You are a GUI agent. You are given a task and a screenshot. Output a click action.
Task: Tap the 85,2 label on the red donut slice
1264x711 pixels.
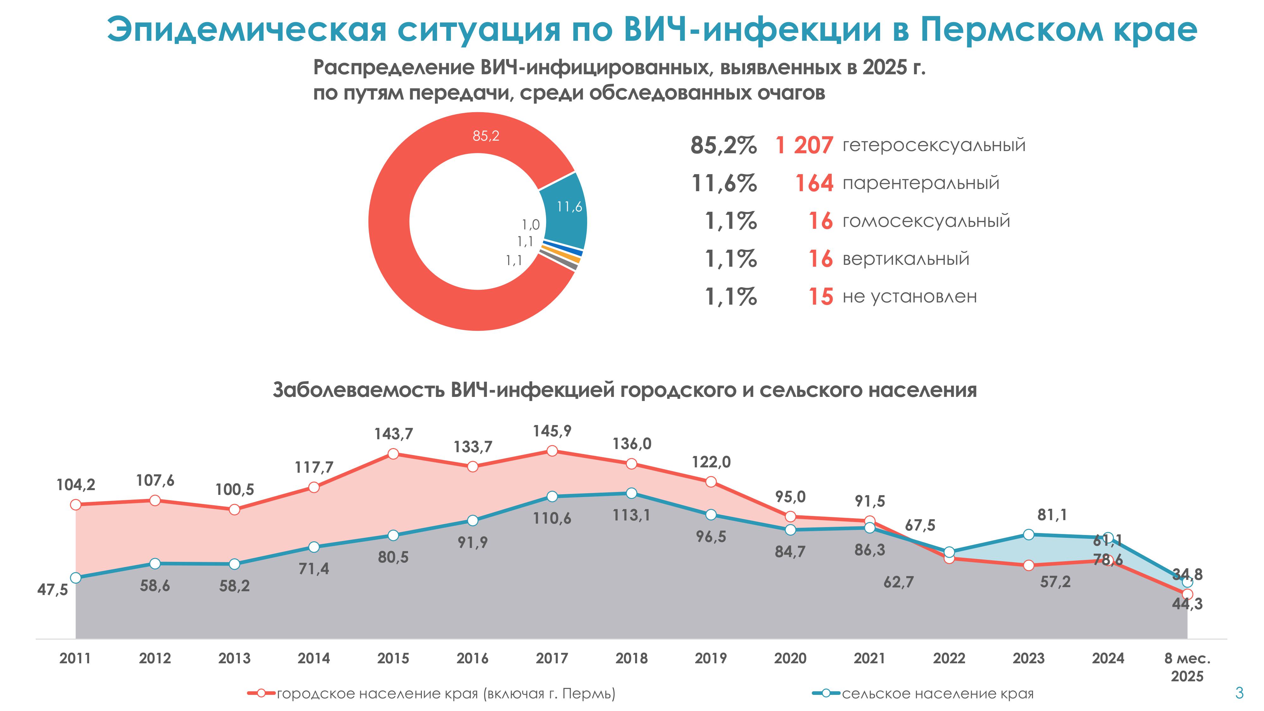point(486,136)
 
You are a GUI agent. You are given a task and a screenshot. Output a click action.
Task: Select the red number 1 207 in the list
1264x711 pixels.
point(804,145)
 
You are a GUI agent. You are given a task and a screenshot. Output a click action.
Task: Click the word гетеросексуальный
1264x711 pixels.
point(934,145)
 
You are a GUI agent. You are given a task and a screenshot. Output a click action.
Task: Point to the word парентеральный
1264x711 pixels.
point(921,183)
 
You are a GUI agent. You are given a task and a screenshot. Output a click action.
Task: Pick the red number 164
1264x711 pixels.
point(814,183)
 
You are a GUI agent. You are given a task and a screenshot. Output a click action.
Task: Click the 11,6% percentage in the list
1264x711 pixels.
point(724,183)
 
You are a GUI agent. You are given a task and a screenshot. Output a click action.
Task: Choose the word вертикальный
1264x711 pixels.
point(906,258)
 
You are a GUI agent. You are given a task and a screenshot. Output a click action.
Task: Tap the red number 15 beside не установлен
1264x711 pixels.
point(820,297)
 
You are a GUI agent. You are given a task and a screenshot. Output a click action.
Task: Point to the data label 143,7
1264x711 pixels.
point(393,434)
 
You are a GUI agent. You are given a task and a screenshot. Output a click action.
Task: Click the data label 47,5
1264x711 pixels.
point(52,589)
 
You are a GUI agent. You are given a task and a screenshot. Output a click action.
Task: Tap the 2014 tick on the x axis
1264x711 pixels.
point(313,658)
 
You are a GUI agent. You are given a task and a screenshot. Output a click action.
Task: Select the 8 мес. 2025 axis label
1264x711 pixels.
point(1187,667)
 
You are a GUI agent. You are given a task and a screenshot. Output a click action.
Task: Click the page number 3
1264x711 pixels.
point(1239,693)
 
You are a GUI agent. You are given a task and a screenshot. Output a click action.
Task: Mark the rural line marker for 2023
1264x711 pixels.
point(1029,534)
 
